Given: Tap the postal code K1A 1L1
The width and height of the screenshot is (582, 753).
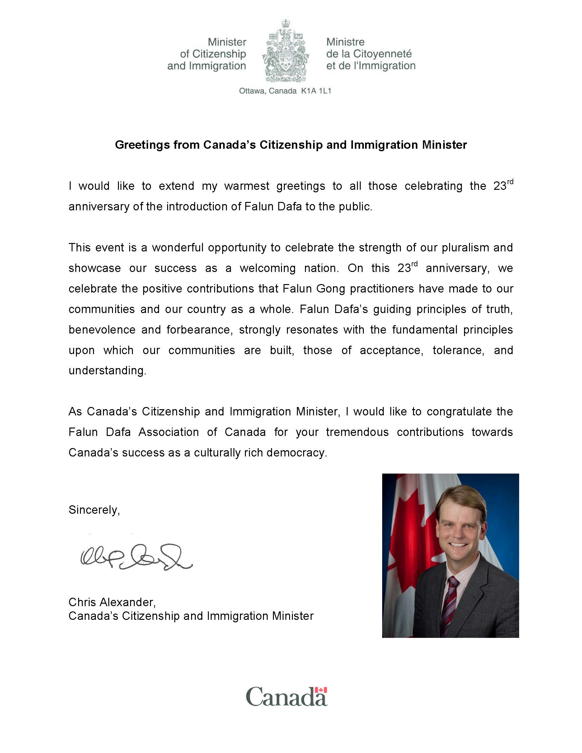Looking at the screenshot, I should coord(316,91).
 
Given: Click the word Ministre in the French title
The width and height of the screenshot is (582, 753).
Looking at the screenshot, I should coord(345,42).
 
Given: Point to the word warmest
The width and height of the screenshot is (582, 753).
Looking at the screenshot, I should coord(246,186).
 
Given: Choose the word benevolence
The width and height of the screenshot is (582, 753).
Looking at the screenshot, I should coord(102,330).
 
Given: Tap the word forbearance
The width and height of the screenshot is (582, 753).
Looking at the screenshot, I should coord(199,330).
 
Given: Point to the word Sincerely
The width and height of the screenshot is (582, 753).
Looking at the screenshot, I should coord(94,510).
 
